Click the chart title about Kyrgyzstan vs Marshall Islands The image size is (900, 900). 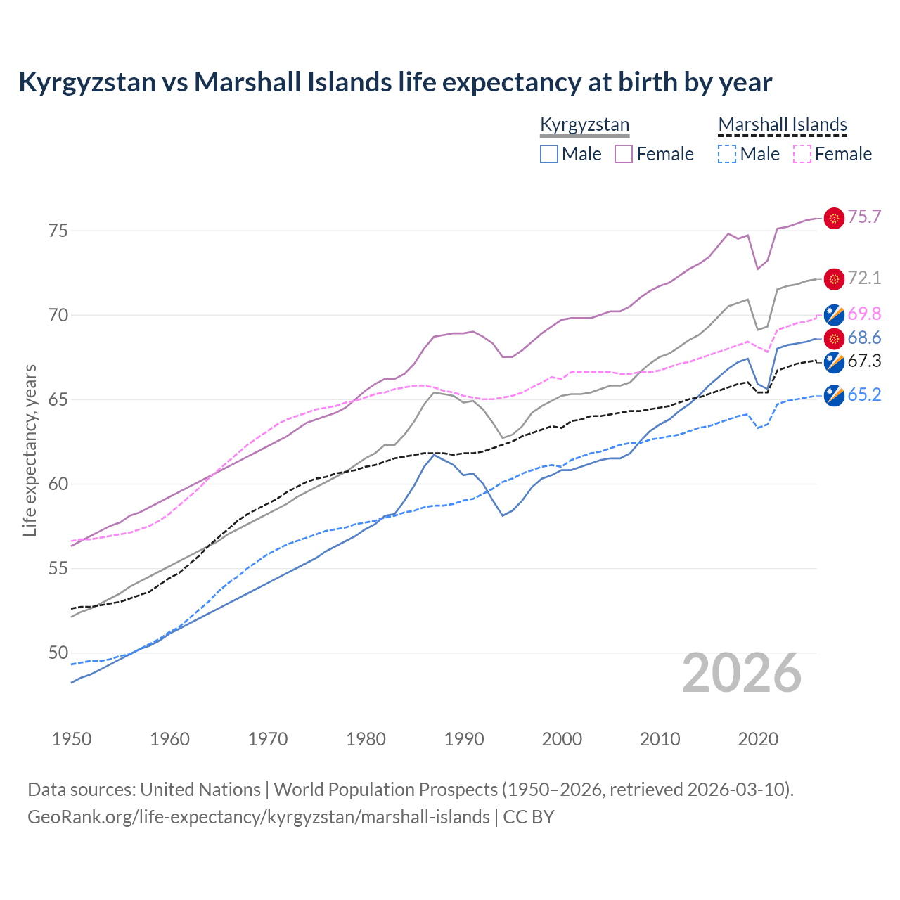pyautogui.click(x=395, y=82)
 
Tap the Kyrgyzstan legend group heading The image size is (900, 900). pyautogui.click(x=584, y=125)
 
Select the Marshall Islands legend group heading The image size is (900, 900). pyautogui.click(x=783, y=125)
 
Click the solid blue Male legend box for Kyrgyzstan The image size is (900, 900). pyautogui.click(x=549, y=154)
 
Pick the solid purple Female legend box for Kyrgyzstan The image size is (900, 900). pyautogui.click(x=624, y=154)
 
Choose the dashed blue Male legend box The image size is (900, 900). pyautogui.click(x=727, y=154)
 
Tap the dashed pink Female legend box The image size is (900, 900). pyautogui.click(x=802, y=154)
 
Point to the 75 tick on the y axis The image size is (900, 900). pyautogui.click(x=58, y=231)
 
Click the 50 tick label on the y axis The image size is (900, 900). pyautogui.click(x=58, y=653)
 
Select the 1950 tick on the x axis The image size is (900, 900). pyautogui.click(x=72, y=739)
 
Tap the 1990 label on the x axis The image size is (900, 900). pyautogui.click(x=464, y=739)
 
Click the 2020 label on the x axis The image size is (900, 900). pyautogui.click(x=758, y=739)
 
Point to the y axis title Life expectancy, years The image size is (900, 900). pyautogui.click(x=30, y=450)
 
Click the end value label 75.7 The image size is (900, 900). pyautogui.click(x=864, y=217)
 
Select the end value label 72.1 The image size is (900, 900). pyautogui.click(x=864, y=278)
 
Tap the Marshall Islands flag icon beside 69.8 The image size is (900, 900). pyautogui.click(x=834, y=314)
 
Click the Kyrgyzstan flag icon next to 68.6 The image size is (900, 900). pyautogui.click(x=834, y=339)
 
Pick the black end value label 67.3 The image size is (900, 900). pyautogui.click(x=864, y=361)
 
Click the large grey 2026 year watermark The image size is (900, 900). pyautogui.click(x=742, y=673)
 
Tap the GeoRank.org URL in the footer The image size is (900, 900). pyautogui.click(x=259, y=817)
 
